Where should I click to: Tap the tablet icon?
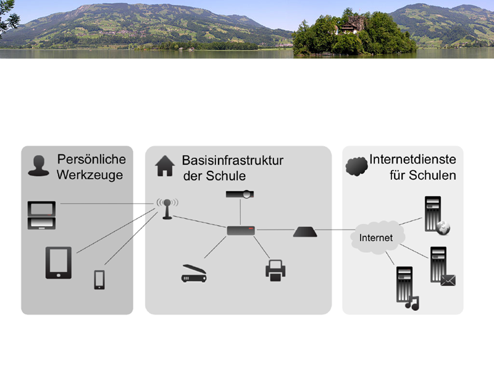click(x=58, y=263)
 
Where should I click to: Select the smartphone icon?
click(x=99, y=279)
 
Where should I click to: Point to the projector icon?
click(x=240, y=195)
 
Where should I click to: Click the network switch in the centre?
click(x=240, y=231)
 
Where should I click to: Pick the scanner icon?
click(x=193, y=274)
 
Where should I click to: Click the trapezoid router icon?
click(x=304, y=231)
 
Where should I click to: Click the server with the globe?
click(x=435, y=216)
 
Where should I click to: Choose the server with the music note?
click(x=406, y=286)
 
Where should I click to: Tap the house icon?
click(x=165, y=166)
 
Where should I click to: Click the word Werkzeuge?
click(x=90, y=175)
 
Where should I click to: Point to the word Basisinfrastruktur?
click(x=232, y=160)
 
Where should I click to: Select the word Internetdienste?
click(x=412, y=160)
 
